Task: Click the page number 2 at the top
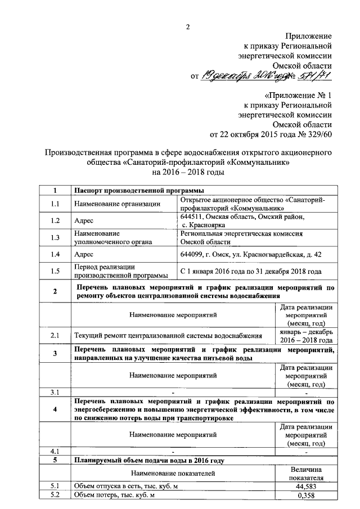coord(188,27)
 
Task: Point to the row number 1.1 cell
coord(55,204)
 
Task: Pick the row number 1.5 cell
coord(55,271)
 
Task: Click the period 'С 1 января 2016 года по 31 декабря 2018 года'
coord(250,271)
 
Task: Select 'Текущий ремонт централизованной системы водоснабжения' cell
coord(169,336)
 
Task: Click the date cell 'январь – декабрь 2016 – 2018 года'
coord(307,336)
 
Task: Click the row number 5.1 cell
coord(55,486)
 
